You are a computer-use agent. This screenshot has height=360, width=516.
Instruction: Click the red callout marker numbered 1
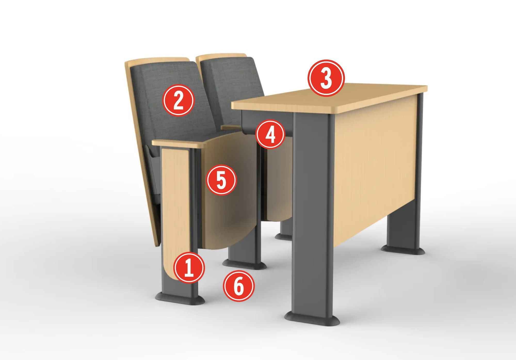pyautogui.click(x=189, y=268)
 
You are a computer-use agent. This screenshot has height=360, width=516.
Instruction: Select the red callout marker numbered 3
pyautogui.click(x=326, y=78)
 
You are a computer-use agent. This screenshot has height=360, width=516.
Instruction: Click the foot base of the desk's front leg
pyautogui.click(x=312, y=320)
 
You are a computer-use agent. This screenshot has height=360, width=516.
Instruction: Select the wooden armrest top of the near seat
pyautogui.click(x=178, y=143)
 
